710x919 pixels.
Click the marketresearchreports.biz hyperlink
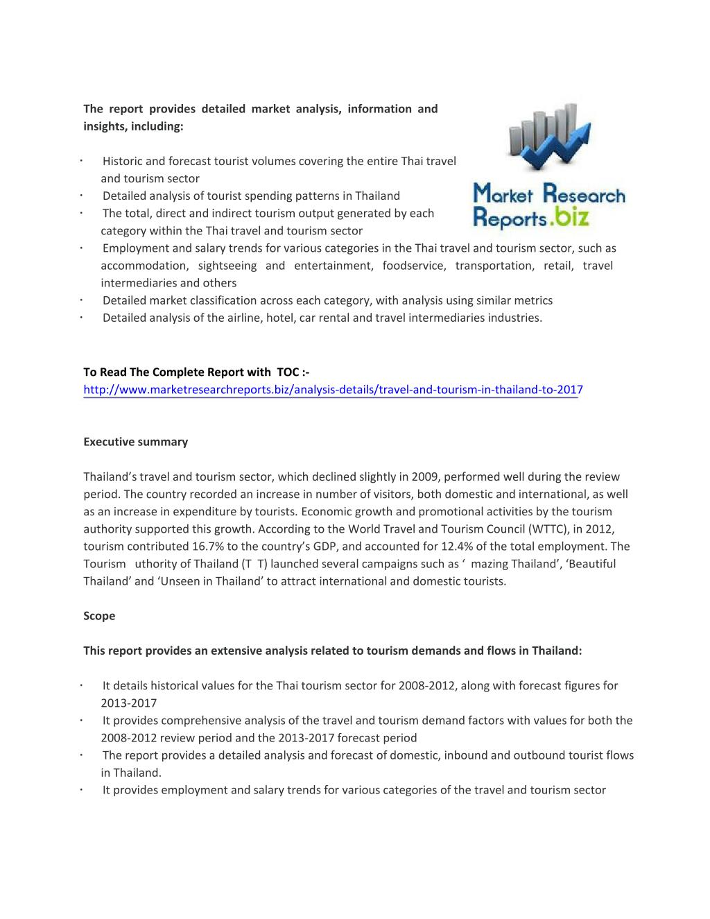[x=333, y=390]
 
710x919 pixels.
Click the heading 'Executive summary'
[x=136, y=442]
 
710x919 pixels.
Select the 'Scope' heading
[x=99, y=616]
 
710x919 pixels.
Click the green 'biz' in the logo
[x=571, y=218]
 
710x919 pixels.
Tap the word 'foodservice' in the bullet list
[x=414, y=266]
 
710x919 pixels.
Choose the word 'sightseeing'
[x=227, y=266]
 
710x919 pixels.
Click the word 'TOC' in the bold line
[x=288, y=372]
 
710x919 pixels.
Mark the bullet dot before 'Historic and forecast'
[x=82, y=161]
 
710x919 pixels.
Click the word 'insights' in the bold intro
[x=105, y=126]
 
